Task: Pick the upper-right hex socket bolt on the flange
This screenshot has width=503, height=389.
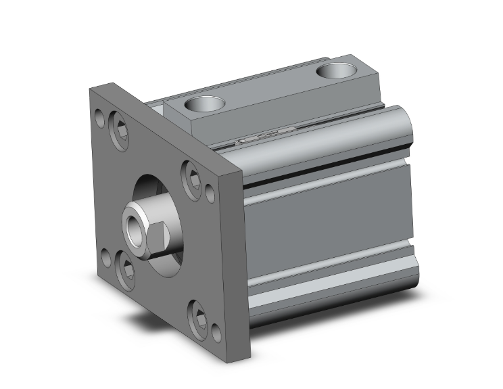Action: (192, 177)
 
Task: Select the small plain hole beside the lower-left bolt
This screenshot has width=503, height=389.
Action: (105, 258)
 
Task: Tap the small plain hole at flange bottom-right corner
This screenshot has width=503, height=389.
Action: (216, 333)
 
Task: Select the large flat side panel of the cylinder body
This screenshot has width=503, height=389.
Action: (325, 223)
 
